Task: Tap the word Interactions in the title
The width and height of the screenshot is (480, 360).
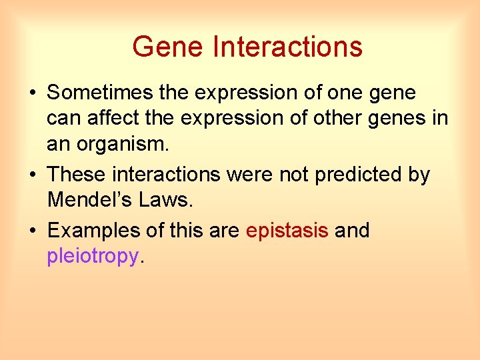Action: coord(287,47)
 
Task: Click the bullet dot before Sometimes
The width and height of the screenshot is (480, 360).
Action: coord(33,93)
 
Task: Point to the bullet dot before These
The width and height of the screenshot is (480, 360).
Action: coord(33,175)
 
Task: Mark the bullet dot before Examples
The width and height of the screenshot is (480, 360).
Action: coord(33,231)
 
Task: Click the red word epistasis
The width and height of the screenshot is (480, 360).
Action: coord(287,231)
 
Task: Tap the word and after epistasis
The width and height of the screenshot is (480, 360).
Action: coord(352,231)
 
